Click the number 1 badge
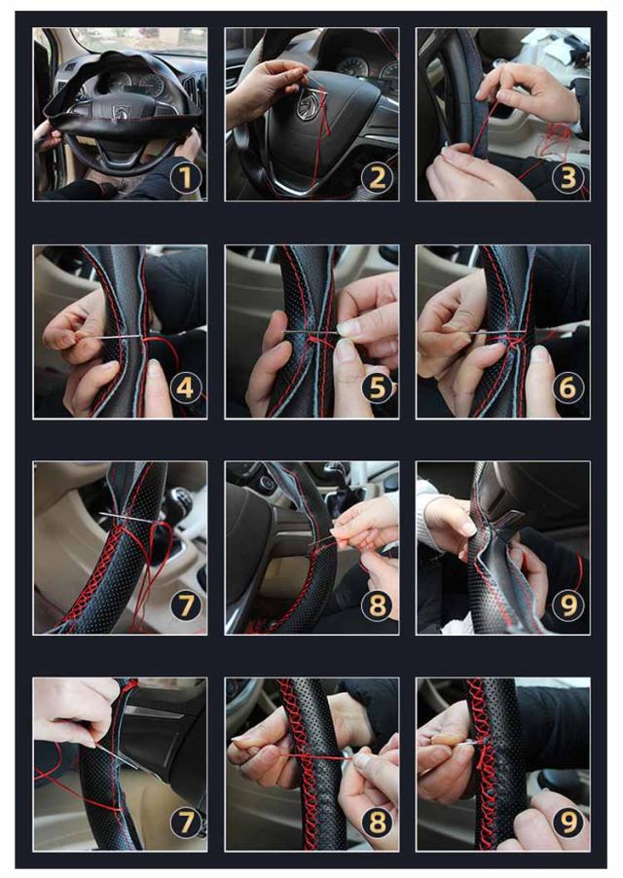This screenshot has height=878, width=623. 185,178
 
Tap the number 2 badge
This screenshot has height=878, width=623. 378,178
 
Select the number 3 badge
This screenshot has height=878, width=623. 568,178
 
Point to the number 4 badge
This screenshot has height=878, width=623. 185,388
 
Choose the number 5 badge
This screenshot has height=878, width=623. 378,388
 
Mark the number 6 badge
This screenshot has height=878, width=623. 568,388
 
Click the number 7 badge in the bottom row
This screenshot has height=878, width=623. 185,822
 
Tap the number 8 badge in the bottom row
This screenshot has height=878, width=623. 378,822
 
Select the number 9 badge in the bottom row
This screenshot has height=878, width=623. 568,822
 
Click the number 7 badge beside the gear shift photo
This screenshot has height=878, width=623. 185,605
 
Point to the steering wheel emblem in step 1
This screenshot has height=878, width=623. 121,111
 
